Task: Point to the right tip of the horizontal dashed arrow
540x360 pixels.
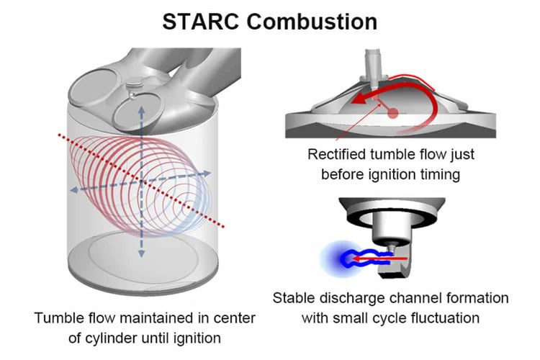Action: point(211,173)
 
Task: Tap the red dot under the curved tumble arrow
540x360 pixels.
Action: point(392,113)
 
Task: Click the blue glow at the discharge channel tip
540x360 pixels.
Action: point(338,256)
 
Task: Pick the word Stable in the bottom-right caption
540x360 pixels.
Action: point(292,297)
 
